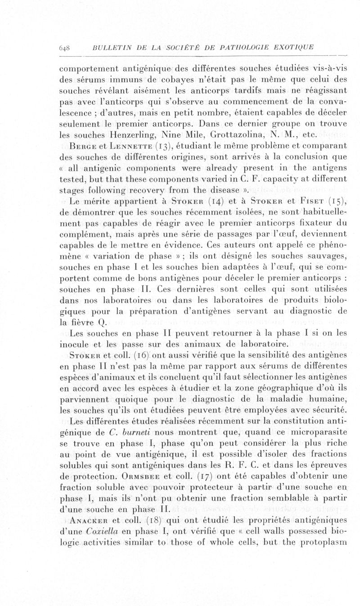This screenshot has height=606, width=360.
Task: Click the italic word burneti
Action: pos(124,433)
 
